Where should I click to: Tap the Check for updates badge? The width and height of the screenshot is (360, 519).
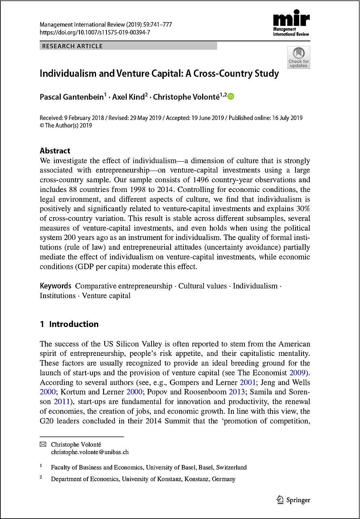[298, 57]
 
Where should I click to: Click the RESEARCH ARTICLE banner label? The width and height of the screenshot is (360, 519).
[72, 46]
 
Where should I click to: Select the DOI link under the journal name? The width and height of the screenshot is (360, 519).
[95, 32]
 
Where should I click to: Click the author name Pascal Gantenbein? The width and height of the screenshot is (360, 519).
[72, 97]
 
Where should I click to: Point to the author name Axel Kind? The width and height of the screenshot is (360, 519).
[128, 97]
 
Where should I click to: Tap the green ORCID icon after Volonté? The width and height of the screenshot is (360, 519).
[231, 96]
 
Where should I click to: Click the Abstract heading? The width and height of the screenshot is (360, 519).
[55, 151]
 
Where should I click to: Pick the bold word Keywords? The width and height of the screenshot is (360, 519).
[55, 286]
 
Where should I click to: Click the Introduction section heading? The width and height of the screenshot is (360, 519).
[73, 324]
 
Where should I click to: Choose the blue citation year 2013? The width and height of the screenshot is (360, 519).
[237, 392]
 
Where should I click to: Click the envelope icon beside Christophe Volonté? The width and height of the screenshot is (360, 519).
[43, 444]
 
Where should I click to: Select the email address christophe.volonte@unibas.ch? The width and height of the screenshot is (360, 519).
[90, 452]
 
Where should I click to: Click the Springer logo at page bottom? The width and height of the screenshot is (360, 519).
[293, 500]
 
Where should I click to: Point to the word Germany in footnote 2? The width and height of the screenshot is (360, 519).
[223, 479]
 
